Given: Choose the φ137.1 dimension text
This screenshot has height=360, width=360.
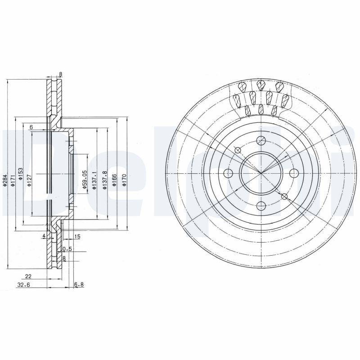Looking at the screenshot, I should pyautogui.click(x=94, y=180).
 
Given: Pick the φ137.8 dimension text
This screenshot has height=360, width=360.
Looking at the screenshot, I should pyautogui.click(x=104, y=180).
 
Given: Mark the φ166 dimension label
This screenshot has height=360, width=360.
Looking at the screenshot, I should pyautogui.click(x=114, y=180).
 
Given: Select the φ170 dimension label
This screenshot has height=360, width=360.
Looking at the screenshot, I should pyautogui.click(x=124, y=180).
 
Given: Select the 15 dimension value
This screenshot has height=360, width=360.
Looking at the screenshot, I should pyautogui.click(x=77, y=237).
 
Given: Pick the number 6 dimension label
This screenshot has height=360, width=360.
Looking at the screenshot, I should pyautogui.click(x=31, y=127).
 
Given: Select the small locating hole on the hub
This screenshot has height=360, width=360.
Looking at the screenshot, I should pyautogui.click(x=284, y=196).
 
